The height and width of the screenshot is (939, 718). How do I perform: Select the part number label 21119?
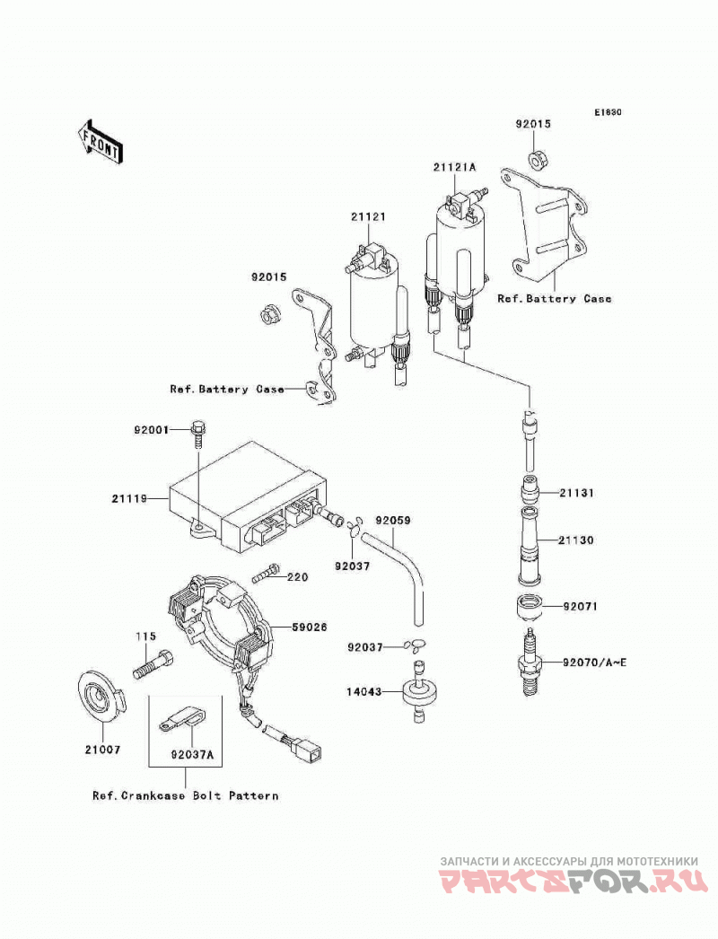(128, 498)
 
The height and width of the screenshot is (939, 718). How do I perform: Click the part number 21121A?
(454, 167)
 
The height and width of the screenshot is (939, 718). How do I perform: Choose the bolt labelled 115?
(153, 664)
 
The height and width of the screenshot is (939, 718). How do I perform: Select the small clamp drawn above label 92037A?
(180, 719)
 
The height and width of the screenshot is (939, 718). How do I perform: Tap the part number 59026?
(309, 627)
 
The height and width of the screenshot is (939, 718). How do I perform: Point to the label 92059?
(393, 521)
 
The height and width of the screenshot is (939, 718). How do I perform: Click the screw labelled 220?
(267, 574)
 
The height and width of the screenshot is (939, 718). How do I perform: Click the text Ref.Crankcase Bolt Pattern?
(186, 796)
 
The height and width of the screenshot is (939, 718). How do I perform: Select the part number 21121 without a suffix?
(368, 216)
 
